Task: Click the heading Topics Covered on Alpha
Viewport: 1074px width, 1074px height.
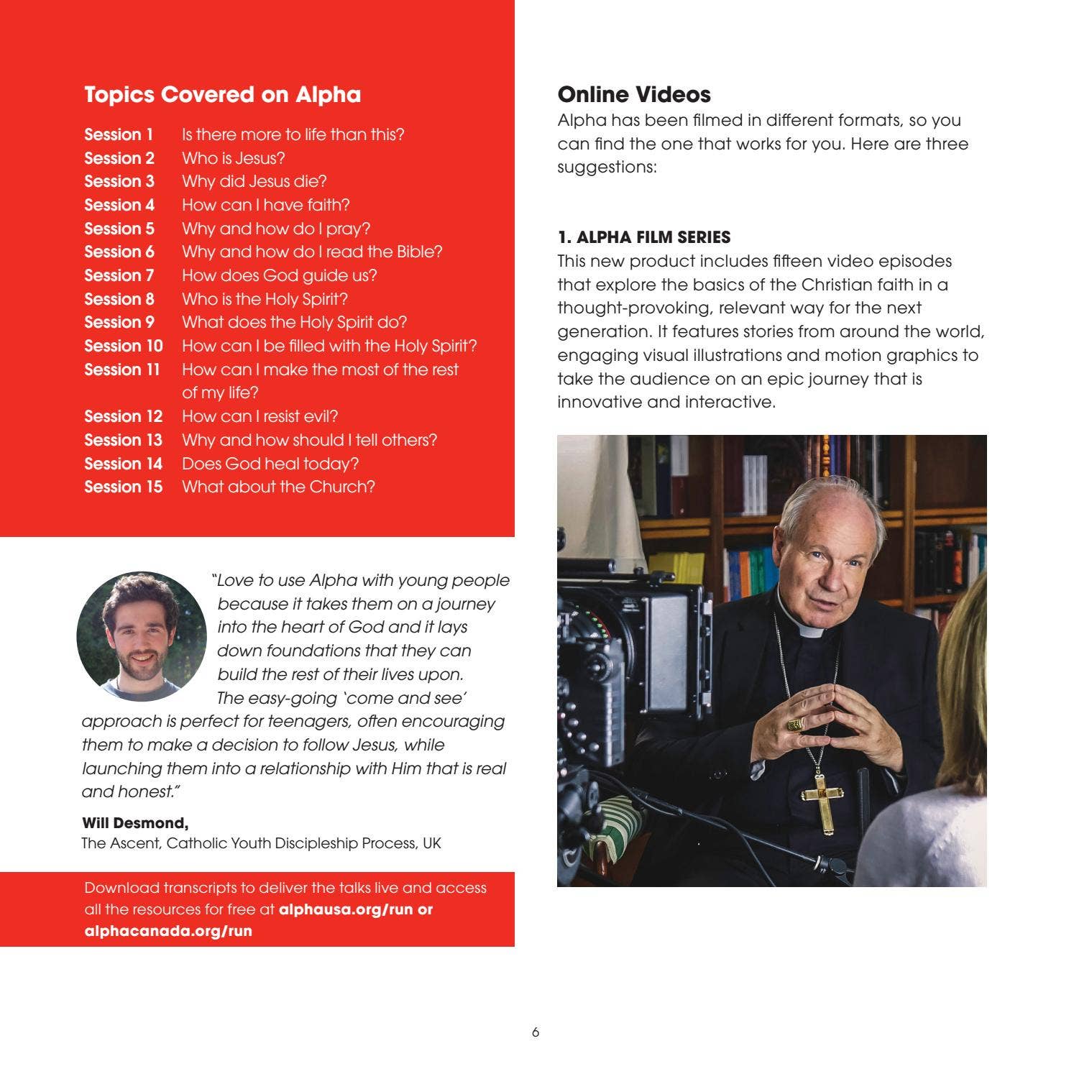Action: (x=222, y=95)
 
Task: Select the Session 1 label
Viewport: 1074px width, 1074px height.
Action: (x=119, y=134)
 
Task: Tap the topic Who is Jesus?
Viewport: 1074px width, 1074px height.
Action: (x=233, y=158)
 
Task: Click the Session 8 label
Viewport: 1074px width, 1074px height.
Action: (x=119, y=299)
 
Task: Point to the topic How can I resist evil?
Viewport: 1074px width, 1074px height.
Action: (x=260, y=416)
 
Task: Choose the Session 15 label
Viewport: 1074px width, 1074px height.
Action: (x=123, y=487)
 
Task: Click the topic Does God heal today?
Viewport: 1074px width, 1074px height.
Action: (x=270, y=464)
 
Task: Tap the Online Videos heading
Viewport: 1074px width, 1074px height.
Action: (x=634, y=95)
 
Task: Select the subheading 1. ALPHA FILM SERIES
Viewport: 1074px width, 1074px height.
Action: (x=643, y=237)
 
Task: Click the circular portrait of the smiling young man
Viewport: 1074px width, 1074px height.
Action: (x=142, y=636)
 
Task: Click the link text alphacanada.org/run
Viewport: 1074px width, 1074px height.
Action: (x=168, y=931)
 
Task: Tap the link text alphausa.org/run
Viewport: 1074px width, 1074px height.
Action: (x=345, y=909)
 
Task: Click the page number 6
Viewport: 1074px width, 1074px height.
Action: (x=536, y=1032)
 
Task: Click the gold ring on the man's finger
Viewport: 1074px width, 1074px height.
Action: (x=794, y=724)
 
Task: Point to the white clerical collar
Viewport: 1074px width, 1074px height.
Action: (x=812, y=632)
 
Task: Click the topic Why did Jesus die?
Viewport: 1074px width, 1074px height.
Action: (x=254, y=181)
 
